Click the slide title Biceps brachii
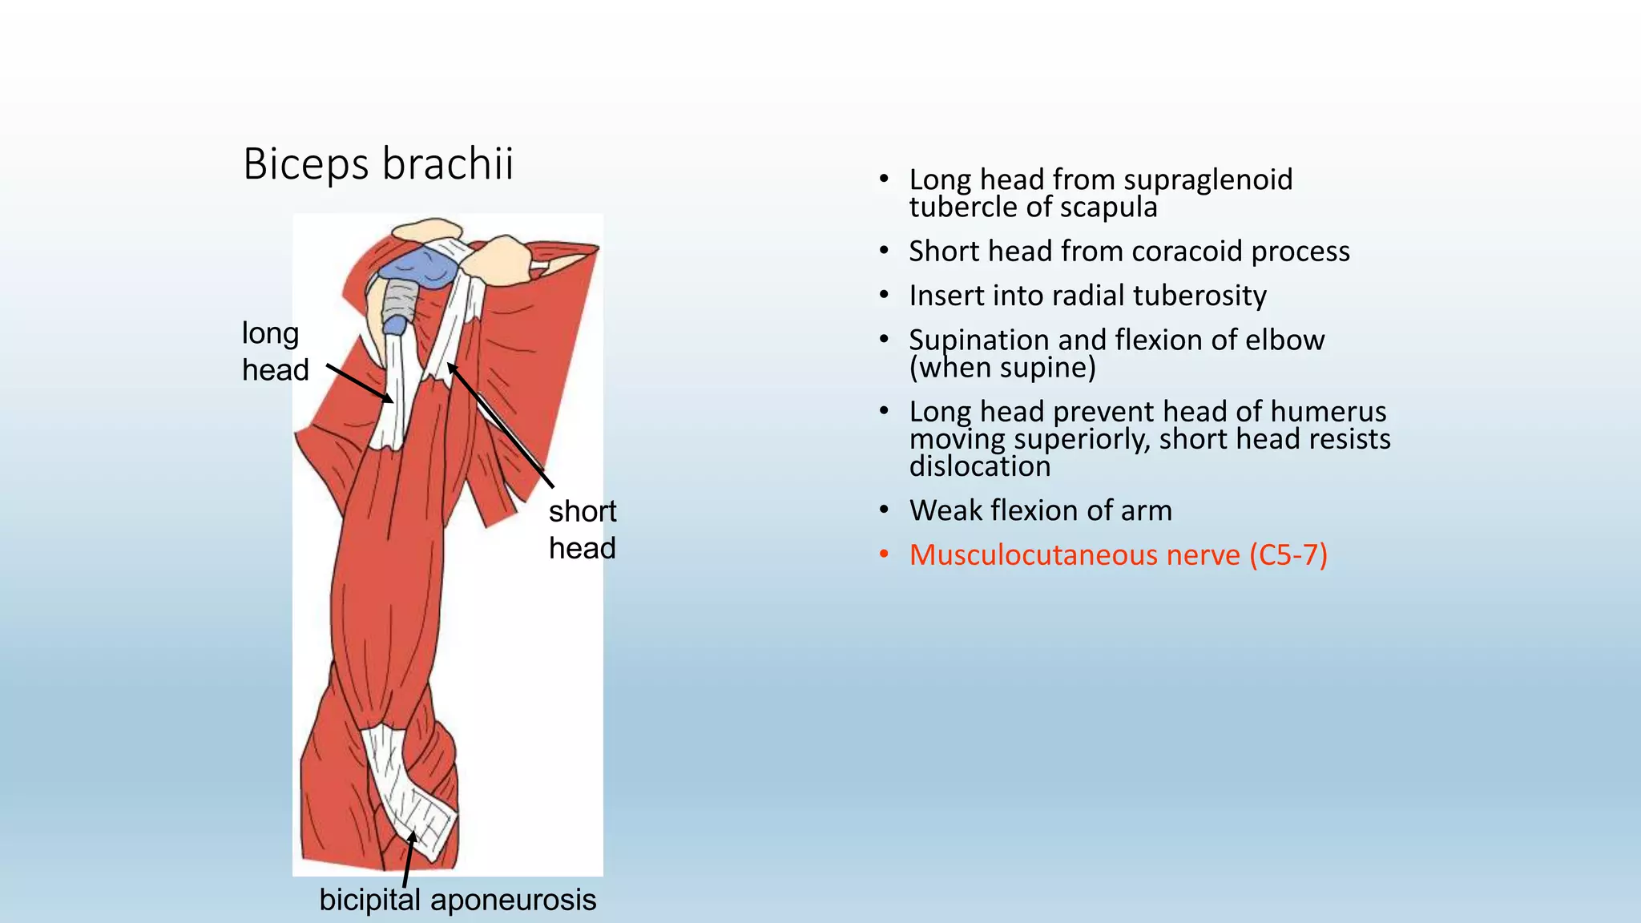tap(377, 164)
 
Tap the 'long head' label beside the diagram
tap(275, 351)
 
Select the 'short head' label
tap(583, 530)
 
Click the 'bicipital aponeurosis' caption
tap(458, 900)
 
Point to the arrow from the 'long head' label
tap(360, 383)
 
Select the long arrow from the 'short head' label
tap(500, 425)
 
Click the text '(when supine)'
tap(1002, 368)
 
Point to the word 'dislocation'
tap(979, 466)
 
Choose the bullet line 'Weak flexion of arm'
tap(1040, 510)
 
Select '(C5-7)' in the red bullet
tap(1288, 555)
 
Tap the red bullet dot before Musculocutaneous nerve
tap(884, 555)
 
